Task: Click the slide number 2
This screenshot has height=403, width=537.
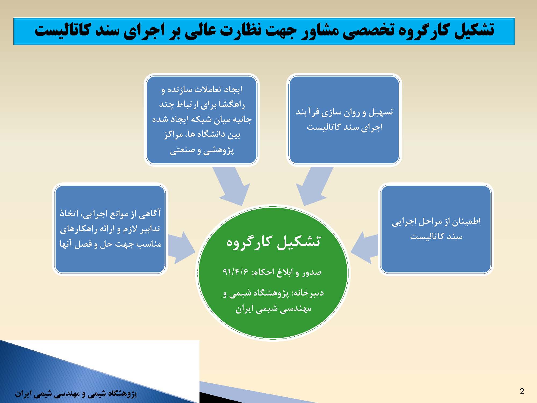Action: tap(522, 391)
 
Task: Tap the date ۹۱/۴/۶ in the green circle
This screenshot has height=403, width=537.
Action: tap(236, 272)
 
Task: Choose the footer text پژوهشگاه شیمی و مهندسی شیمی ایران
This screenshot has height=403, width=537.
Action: tap(76, 394)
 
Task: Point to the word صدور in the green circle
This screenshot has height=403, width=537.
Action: tap(312, 272)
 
